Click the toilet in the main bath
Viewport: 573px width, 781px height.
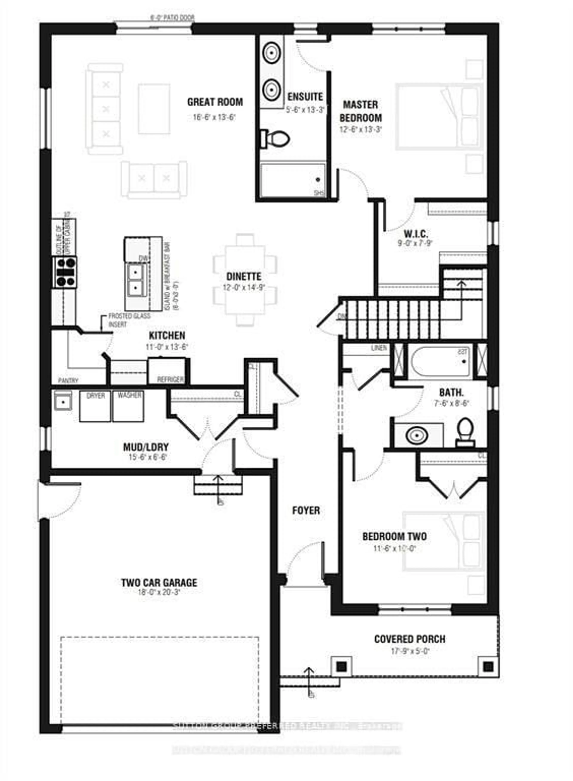(465, 432)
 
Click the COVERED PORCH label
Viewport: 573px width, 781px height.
(410, 639)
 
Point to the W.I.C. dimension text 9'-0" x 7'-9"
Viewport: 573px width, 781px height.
(415, 243)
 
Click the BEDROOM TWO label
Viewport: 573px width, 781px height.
(394, 536)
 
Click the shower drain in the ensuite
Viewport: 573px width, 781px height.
(318, 180)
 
